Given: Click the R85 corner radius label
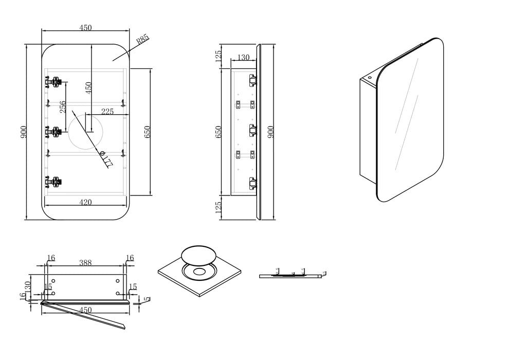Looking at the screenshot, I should (x=142, y=39).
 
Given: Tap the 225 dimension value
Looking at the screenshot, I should (x=107, y=111).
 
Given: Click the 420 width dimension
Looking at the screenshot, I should (x=85, y=203).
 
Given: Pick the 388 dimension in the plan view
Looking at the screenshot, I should (x=85, y=263).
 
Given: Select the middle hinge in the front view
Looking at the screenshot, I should (x=53, y=132).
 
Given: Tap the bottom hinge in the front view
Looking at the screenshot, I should (x=53, y=181).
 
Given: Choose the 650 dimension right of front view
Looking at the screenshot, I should (x=147, y=132).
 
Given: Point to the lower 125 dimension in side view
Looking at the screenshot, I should (x=218, y=207).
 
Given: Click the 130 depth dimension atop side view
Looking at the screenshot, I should (x=243, y=58).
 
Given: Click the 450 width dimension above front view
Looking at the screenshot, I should (x=85, y=28).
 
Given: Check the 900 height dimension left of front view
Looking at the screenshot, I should (x=23, y=132).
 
